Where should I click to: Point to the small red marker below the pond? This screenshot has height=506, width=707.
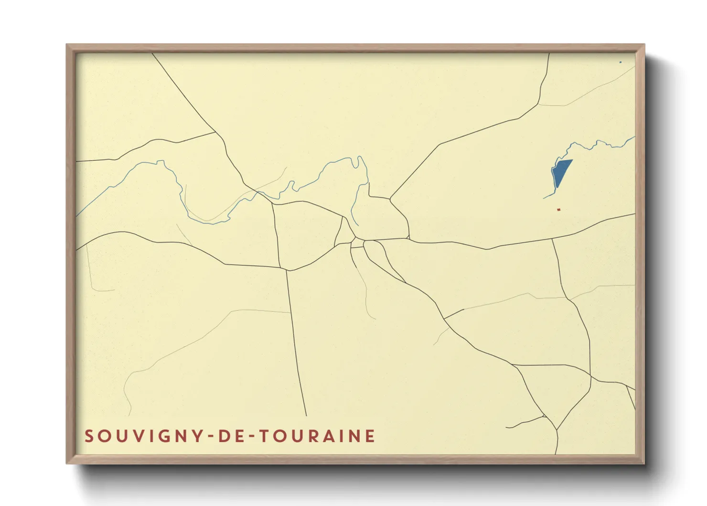(558, 209)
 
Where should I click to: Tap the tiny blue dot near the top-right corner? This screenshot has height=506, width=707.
(621, 62)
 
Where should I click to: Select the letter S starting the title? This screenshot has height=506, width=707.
(89, 436)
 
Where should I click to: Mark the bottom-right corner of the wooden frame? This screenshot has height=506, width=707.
(643, 463)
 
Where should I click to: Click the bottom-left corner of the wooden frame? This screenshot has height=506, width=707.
(67, 463)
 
